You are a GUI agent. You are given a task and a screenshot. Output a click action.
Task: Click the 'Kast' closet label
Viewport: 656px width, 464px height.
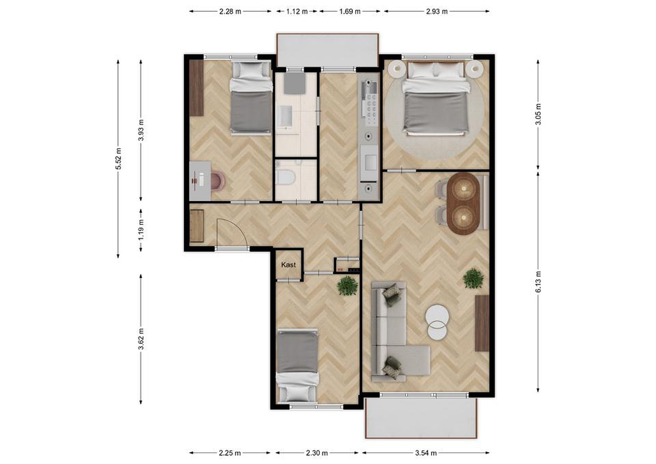(x=288, y=265)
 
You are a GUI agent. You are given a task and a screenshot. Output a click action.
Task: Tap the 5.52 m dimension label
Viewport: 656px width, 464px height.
(x=118, y=159)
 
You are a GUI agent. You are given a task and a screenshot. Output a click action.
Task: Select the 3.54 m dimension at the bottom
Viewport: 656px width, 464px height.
(x=426, y=453)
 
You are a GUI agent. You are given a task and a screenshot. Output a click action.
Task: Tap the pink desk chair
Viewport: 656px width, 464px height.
(x=218, y=181)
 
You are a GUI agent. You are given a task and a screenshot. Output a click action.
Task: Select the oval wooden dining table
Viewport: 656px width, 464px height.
(x=463, y=204)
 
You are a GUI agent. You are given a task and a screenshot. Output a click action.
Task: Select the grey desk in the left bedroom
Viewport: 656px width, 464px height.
(x=200, y=181)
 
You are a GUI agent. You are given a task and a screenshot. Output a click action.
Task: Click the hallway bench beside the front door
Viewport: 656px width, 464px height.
(x=197, y=226)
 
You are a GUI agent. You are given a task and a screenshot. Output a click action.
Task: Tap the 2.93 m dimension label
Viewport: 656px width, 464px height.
(x=437, y=11)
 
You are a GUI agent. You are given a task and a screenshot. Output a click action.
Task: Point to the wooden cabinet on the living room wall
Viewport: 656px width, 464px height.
(x=482, y=323)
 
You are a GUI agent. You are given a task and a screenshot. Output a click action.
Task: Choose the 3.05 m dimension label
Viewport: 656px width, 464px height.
(x=538, y=114)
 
